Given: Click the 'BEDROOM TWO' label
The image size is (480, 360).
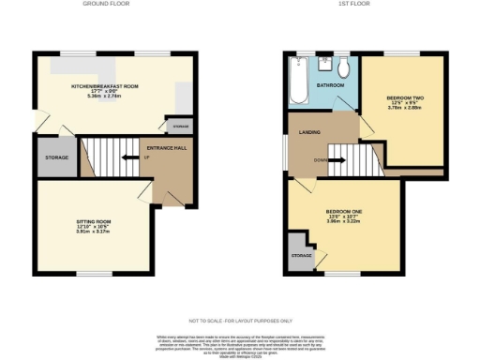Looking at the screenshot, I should coord(405,97).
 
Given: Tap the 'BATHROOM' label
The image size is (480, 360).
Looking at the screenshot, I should coord(329,85).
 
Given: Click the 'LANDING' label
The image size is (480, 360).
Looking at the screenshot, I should coord(310,132).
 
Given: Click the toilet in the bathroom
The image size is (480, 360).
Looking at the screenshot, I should coord(344,67).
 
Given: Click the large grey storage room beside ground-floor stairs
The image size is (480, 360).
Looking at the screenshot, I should coord(56,157).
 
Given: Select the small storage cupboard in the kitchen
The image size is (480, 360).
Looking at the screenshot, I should coord(178,125).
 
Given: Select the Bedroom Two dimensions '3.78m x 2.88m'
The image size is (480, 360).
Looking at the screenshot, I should coord(405,108).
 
